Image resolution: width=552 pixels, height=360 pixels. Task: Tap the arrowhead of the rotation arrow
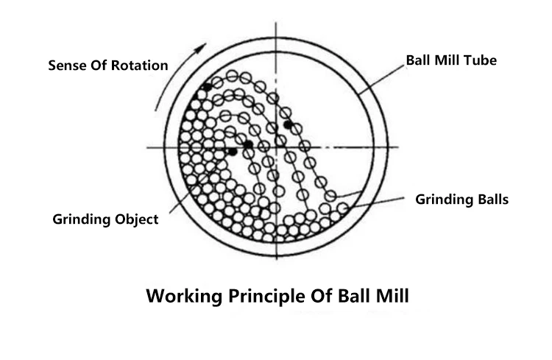pyautogui.click(x=202, y=48)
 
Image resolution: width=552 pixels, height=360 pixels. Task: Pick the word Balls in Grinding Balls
pyautogui.click(x=493, y=200)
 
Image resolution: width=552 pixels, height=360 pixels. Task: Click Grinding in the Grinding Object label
pyautogui.click(x=83, y=220)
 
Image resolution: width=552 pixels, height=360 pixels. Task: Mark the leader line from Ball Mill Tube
pyautogui.click(x=381, y=80)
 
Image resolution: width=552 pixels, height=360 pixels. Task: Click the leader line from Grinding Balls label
pyautogui.click(x=375, y=203)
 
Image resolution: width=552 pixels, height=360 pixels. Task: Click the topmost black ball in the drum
pyautogui.click(x=208, y=87)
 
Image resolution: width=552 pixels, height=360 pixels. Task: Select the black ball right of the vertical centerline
pyautogui.click(x=289, y=124)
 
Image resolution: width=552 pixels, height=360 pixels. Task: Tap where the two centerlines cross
pyautogui.click(x=276, y=147)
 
